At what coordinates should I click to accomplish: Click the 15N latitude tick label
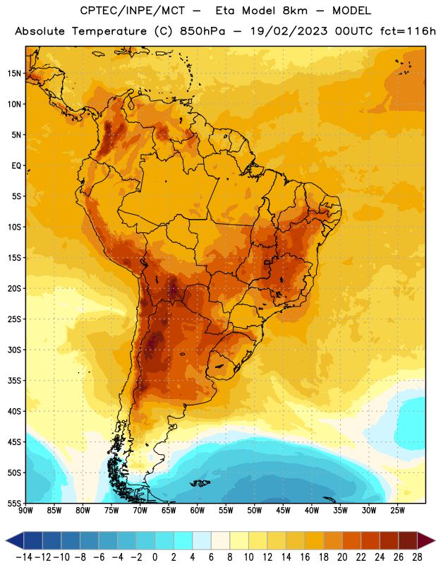14,73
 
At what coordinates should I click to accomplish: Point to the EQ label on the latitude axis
16,166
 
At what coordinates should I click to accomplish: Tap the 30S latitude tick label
14,350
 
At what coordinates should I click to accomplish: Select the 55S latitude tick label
14,503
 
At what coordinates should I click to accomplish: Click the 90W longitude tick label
25,511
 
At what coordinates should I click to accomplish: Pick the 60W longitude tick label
198,511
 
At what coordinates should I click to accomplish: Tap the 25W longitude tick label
397,511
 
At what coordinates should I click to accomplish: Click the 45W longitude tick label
283,511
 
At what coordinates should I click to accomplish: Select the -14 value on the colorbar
25,557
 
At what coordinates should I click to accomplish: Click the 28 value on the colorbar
417,557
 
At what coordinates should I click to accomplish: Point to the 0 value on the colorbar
155,557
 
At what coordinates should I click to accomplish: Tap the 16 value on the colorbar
305,557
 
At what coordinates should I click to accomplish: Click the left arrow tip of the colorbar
6,540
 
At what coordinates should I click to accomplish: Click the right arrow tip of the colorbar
435,540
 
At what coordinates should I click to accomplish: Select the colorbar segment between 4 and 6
202,540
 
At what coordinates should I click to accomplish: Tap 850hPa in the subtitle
202,31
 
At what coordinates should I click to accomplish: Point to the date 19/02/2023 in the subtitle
289,31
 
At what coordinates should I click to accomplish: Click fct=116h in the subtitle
408,31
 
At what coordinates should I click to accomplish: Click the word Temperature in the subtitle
109,32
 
